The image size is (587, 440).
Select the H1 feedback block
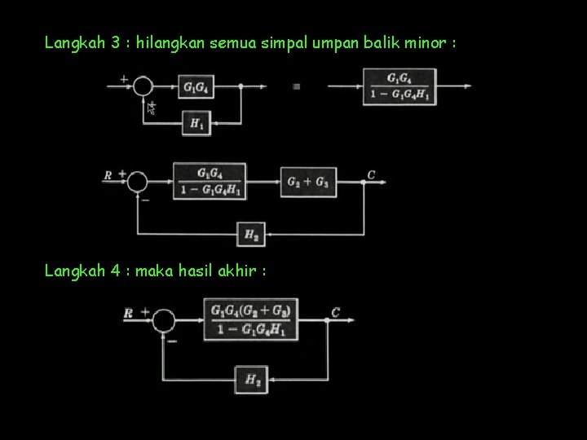(196, 123)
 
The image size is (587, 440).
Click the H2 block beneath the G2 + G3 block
(250, 235)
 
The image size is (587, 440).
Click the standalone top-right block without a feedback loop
(399, 86)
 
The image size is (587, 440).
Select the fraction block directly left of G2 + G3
(210, 181)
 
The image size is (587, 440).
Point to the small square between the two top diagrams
(296, 86)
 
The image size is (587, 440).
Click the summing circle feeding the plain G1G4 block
(144, 86)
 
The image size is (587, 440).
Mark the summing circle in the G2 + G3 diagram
(137, 181)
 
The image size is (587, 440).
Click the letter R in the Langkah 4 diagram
(128, 313)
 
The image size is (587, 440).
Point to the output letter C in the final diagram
(336, 311)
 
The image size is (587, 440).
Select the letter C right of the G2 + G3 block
(371, 174)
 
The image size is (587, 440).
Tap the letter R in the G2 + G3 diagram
(107, 174)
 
